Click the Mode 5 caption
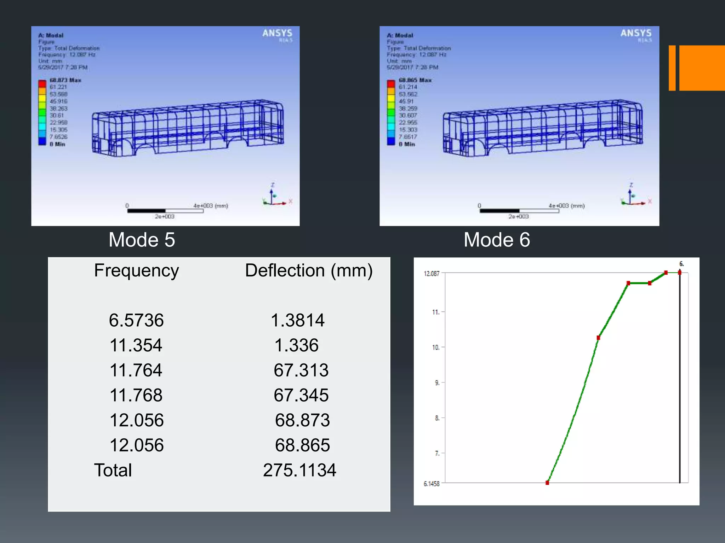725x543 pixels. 142,240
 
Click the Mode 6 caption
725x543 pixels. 497,240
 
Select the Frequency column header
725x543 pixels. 136,270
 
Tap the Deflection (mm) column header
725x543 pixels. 309,270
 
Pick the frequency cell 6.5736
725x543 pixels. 136,320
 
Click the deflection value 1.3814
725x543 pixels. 297,320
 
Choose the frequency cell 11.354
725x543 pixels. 136,345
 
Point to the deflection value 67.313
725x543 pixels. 301,370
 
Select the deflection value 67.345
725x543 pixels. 301,395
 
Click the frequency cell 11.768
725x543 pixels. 136,395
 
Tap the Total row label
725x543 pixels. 113,470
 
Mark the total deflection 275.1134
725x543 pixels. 299,470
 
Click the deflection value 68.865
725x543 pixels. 302,445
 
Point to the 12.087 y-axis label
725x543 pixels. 432,274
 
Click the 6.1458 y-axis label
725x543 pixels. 432,484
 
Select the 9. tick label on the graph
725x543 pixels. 437,383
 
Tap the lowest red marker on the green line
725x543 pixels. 547,483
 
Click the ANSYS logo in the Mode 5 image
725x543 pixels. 277,34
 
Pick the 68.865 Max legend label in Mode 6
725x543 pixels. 415,80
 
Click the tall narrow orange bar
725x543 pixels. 672,68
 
